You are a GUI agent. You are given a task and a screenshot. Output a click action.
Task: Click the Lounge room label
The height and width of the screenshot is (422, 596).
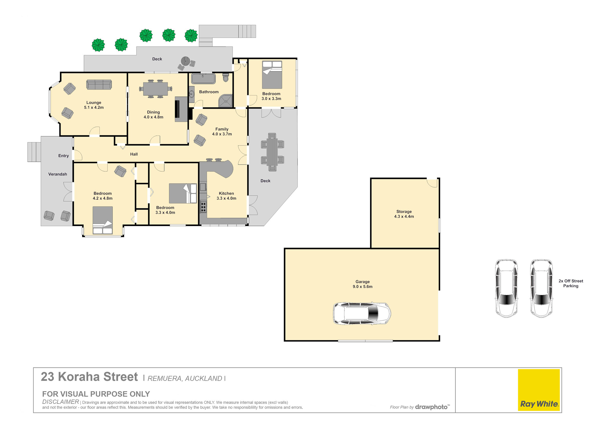(94, 105)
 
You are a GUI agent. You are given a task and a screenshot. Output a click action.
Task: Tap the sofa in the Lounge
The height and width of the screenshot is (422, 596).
(99, 85)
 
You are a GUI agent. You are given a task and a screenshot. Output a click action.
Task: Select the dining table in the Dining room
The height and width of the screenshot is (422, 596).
(155, 89)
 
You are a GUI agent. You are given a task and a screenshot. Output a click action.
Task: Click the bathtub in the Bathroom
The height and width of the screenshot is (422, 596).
(203, 79)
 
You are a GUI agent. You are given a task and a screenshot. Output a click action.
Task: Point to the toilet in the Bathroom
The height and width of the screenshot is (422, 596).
(226, 77)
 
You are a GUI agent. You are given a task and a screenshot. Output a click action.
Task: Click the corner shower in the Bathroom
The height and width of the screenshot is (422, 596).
(225, 101)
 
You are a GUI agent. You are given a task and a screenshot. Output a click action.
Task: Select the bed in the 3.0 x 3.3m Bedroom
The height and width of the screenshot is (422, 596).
(272, 75)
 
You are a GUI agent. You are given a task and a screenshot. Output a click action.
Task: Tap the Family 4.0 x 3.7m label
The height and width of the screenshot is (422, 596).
(222, 131)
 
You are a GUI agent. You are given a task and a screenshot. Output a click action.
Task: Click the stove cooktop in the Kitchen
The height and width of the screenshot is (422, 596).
(203, 207)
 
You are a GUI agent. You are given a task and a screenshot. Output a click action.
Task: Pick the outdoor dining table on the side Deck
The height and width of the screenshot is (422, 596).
(272, 152)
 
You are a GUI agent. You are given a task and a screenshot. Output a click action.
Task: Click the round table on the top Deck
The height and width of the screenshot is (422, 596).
(185, 61)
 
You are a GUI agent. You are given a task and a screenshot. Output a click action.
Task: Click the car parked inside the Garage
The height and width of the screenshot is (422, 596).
(362, 313)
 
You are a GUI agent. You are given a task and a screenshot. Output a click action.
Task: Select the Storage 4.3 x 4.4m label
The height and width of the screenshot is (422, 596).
(404, 214)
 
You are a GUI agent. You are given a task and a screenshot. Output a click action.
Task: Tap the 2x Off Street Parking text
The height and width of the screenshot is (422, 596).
(570, 283)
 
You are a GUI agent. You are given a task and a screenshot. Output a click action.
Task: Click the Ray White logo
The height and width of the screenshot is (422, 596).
(539, 390)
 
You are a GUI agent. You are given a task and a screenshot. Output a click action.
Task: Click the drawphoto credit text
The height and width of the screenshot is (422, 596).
(431, 407)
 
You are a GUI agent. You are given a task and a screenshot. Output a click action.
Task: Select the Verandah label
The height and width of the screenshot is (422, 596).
(58, 174)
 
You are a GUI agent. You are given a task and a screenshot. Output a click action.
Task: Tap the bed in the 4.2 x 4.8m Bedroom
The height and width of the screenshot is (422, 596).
(103, 220)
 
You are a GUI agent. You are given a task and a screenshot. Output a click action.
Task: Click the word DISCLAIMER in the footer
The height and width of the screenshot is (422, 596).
(61, 402)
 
